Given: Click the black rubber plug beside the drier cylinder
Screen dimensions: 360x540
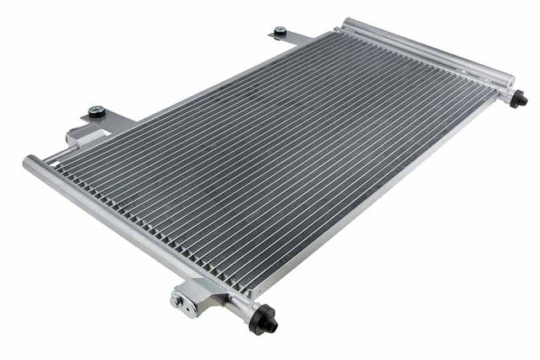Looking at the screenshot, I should pyautogui.click(x=521, y=99).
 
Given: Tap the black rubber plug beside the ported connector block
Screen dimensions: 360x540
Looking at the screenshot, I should pyautogui.click(x=264, y=320).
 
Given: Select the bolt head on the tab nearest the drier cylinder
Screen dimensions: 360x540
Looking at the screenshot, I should pyautogui.click(x=279, y=31).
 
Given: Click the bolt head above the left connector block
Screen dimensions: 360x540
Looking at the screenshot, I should pyautogui.click(x=97, y=110).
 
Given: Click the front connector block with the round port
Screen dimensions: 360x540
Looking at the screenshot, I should pyautogui.click(x=190, y=297).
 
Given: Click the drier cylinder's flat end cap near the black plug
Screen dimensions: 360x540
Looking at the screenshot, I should pyautogui.click(x=508, y=80).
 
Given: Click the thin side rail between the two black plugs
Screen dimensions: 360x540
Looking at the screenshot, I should pyautogui.click(x=380, y=202).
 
